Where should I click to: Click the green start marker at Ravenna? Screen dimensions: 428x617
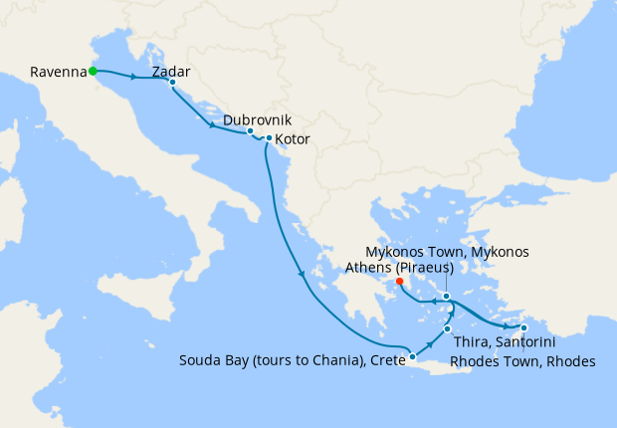(x=93, y=71)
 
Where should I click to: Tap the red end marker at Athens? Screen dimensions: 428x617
(x=400, y=282)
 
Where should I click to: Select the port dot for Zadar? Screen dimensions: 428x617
(x=172, y=83)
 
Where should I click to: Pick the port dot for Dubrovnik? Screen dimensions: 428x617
(x=250, y=131)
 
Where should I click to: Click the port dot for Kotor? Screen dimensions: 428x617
(x=269, y=137)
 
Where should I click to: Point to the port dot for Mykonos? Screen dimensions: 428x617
(x=447, y=296)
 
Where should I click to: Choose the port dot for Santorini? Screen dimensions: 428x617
(x=448, y=328)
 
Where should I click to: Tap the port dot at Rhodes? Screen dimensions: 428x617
(x=524, y=327)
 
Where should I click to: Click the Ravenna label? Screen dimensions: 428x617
(x=58, y=72)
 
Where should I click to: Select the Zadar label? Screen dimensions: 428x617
(x=171, y=72)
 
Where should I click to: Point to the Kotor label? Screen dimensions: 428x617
(x=292, y=139)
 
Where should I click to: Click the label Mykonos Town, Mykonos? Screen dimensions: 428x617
(x=448, y=252)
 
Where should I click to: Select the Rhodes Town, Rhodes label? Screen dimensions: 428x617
(x=522, y=361)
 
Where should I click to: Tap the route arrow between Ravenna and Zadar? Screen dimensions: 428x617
(x=133, y=76)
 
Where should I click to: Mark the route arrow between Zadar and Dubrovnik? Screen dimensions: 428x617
(x=212, y=125)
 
